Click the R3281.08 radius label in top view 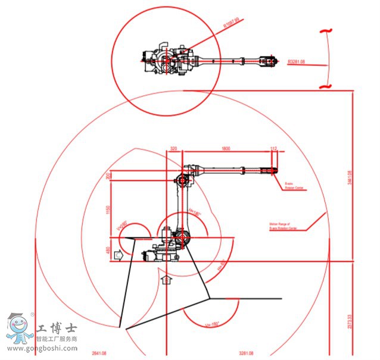tap(297, 61)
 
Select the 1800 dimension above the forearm tap(226, 148)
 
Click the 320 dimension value tap(174, 148)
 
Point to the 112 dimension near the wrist tap(274, 148)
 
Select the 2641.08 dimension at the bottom tap(98, 354)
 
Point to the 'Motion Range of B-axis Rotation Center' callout tap(286, 226)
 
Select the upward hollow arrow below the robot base tap(166, 277)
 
